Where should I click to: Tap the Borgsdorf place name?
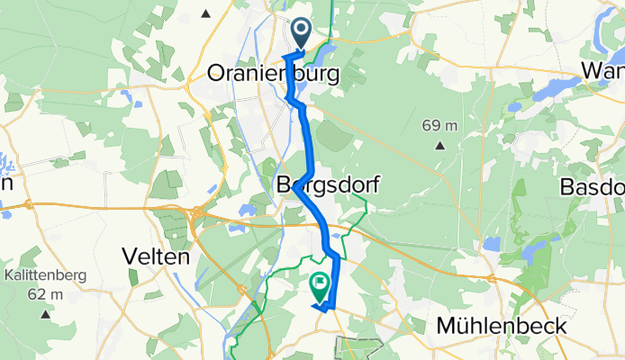click(327, 185)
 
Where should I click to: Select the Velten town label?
click(159, 256)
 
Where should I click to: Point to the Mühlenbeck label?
click(501, 325)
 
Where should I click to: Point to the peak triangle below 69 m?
click(440, 144)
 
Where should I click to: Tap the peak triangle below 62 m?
click(45, 313)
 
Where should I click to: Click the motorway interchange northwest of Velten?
click(197, 213)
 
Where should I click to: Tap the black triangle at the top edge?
click(207, 13)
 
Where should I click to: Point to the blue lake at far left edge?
click(5, 166)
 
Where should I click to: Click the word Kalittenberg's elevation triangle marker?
click(45, 313)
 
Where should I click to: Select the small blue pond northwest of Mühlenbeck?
click(491, 243)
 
